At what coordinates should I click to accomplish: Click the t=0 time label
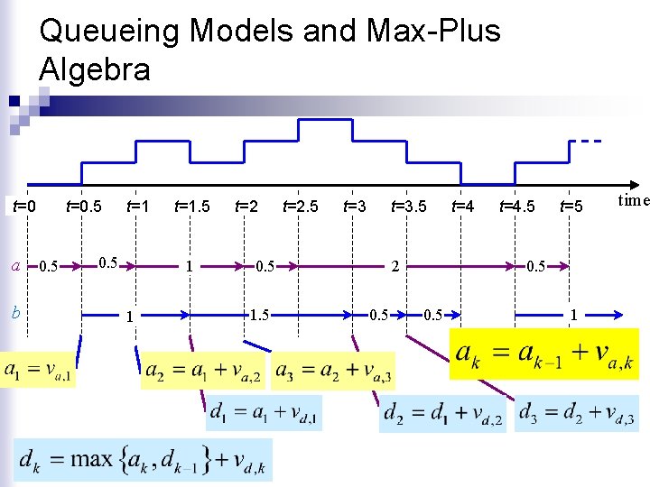[23, 207]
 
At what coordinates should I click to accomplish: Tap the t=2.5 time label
[300, 207]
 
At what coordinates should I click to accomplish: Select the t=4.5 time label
[517, 207]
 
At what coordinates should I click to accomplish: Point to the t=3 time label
[355, 207]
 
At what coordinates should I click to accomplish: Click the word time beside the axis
[634, 200]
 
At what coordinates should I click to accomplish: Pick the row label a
[15, 265]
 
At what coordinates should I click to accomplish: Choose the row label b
[15, 312]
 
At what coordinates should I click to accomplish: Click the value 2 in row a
[395, 266]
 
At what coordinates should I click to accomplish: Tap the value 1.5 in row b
[259, 314]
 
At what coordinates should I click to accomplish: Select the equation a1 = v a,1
[39, 371]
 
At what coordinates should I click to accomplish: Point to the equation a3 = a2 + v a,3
[332, 371]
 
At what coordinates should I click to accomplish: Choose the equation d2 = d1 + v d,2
[442, 415]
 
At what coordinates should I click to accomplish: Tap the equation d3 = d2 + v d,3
[578, 415]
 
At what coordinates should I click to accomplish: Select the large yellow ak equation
[544, 354]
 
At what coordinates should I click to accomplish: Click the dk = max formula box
[144, 460]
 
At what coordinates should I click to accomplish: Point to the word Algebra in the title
[95, 69]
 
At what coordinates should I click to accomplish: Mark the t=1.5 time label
[191, 207]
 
